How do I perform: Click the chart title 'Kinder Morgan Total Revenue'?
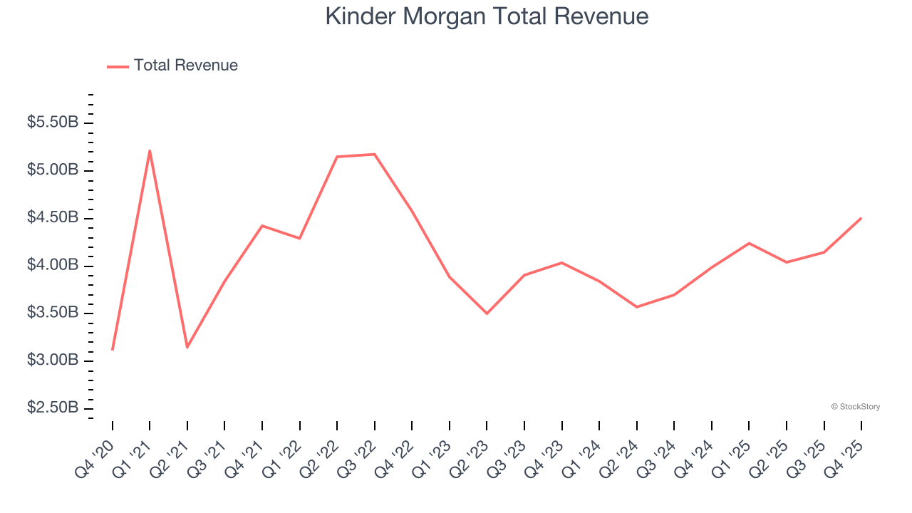(x=487, y=16)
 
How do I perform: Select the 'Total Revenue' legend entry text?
(x=185, y=66)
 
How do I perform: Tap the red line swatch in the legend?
(x=118, y=66)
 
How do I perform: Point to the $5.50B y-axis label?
(x=53, y=123)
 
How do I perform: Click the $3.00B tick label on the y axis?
(x=53, y=361)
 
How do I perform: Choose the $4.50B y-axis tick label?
(x=53, y=218)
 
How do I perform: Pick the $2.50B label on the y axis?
(x=53, y=408)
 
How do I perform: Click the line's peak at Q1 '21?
(x=150, y=150)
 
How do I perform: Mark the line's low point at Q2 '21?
(x=187, y=347)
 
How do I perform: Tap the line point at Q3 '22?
(x=374, y=154)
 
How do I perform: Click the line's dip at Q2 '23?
(x=487, y=313)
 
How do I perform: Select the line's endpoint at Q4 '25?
(x=861, y=218)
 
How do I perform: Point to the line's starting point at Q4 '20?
(x=113, y=350)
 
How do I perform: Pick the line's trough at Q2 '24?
(x=636, y=307)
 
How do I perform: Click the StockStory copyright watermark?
(x=855, y=407)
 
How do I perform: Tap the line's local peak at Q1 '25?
(x=749, y=243)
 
